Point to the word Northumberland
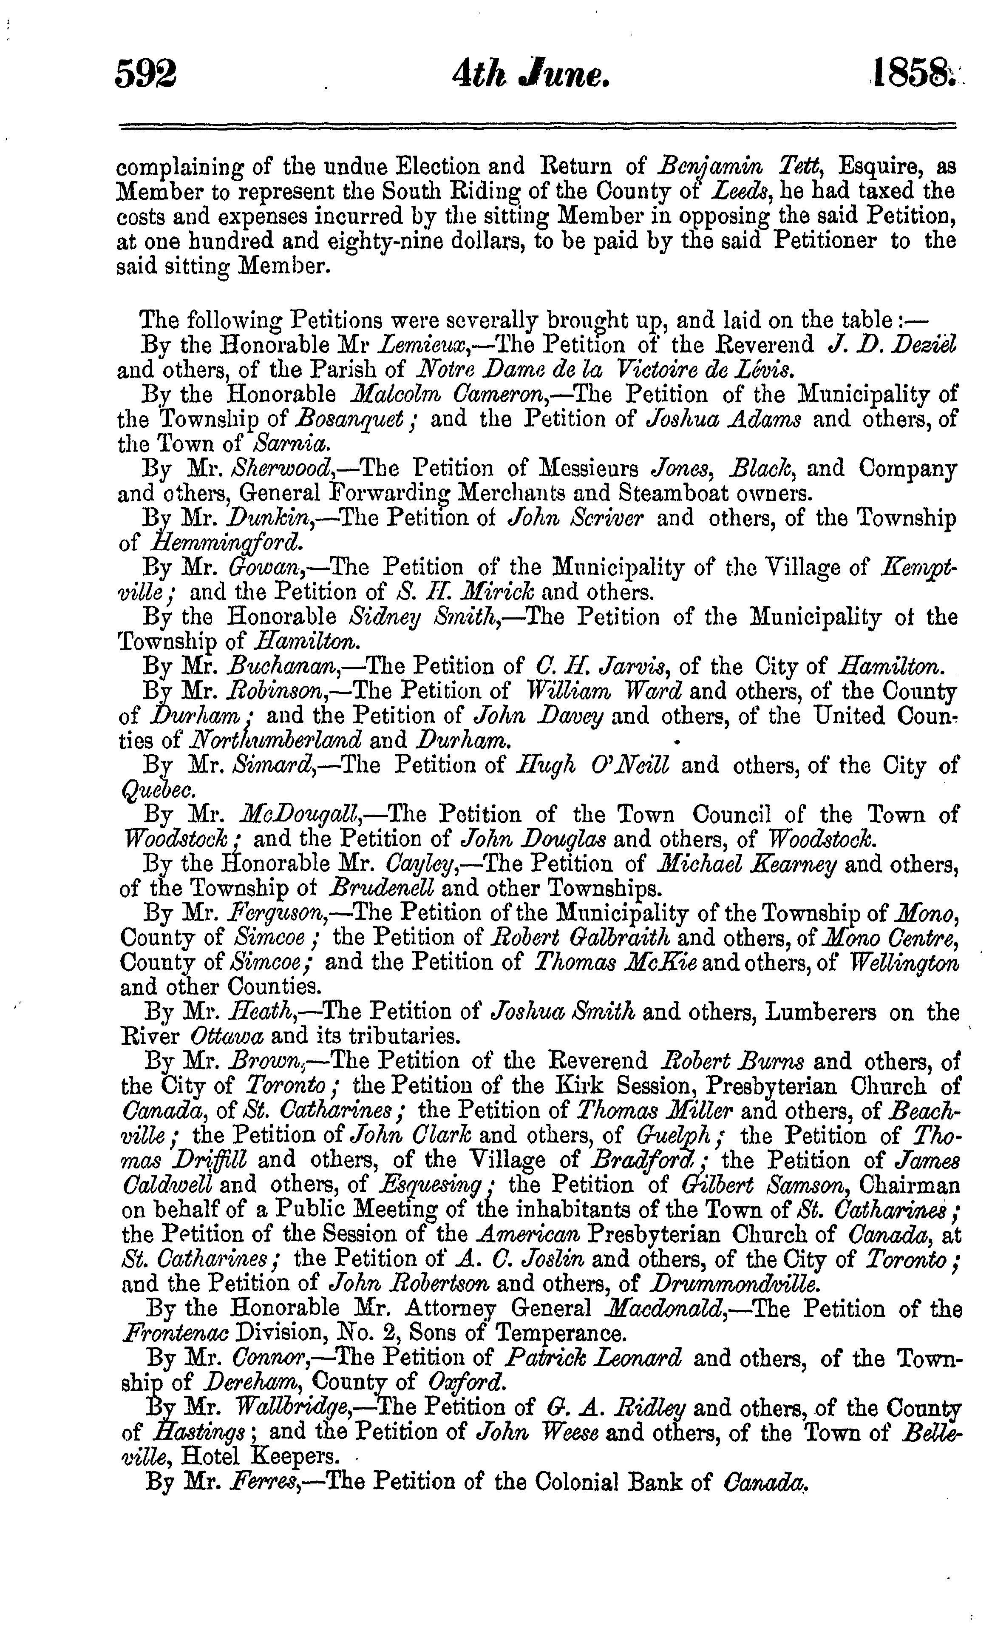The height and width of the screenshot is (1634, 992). [x=275, y=740]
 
